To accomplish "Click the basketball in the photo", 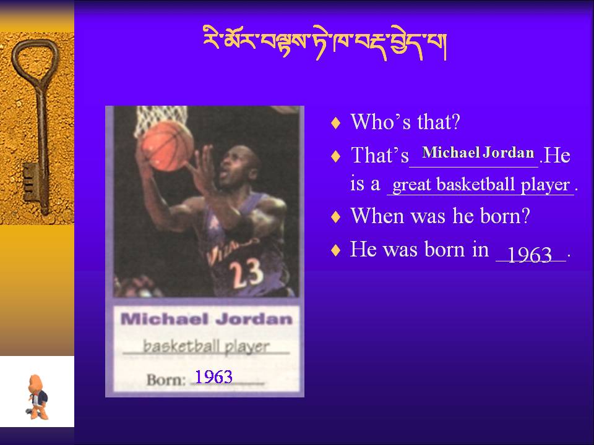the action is (168, 146).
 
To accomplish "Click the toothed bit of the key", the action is (31, 182).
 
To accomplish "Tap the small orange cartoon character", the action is (38, 397).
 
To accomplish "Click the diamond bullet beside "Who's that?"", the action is (335, 123).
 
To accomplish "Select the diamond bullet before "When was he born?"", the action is (335, 217).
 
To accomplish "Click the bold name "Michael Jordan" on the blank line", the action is (478, 153).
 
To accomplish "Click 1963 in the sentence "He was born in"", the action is (529, 255).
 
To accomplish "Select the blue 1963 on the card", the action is (213, 377).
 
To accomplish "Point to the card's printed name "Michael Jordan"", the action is (207, 319).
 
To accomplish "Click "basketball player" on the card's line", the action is (206, 346).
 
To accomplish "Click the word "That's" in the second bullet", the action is (380, 155).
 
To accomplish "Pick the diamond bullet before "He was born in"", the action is (335, 250).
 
